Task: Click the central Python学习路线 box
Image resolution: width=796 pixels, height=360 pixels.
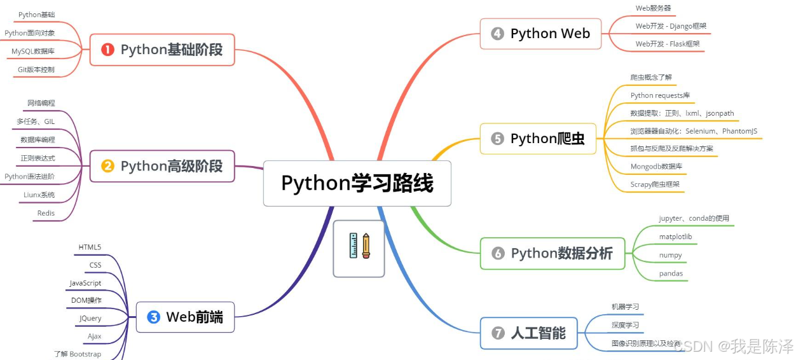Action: click(x=357, y=183)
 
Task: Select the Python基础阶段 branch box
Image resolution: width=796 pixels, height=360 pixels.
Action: click(x=162, y=50)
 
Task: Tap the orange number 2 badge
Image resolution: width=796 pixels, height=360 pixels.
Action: click(x=107, y=166)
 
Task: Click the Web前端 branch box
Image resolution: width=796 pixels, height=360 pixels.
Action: click(x=185, y=317)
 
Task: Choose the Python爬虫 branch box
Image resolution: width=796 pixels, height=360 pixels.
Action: click(x=537, y=138)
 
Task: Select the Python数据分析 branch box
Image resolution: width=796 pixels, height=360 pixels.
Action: click(x=552, y=253)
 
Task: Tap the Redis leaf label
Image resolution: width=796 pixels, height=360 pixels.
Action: click(x=46, y=213)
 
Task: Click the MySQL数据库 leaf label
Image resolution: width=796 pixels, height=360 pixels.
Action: click(x=32, y=51)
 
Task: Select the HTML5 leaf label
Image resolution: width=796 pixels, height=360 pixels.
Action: click(x=90, y=247)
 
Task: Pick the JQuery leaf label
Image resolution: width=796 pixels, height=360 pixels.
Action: click(x=90, y=318)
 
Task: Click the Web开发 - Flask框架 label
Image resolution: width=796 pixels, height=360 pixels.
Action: click(x=667, y=44)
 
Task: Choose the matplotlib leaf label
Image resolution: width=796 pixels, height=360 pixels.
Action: click(x=675, y=237)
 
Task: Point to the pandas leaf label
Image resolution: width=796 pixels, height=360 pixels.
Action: click(x=671, y=273)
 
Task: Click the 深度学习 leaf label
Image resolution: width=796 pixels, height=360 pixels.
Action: click(x=625, y=325)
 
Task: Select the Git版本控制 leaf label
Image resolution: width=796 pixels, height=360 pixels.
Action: click(x=36, y=69)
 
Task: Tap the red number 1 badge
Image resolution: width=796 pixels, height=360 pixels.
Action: click(x=107, y=50)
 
